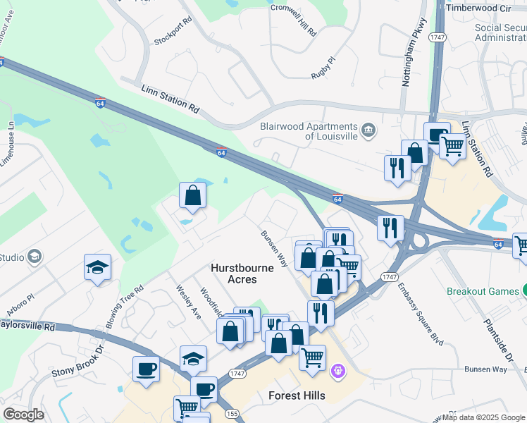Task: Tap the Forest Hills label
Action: [x=297, y=396]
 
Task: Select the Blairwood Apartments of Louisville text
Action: [x=307, y=130]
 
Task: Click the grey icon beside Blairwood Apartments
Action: [x=368, y=130]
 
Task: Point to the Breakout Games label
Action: [x=482, y=290]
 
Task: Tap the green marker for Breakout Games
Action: [x=524, y=290]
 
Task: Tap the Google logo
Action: [x=23, y=415]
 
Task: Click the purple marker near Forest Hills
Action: [x=338, y=369]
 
